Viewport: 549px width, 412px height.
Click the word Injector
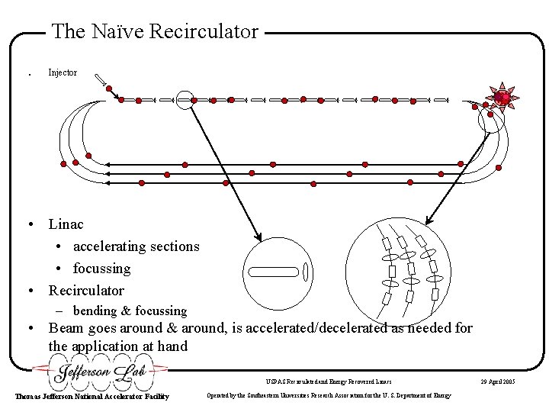(63, 73)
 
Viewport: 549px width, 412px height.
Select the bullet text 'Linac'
(66, 224)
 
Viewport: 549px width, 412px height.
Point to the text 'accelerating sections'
(136, 246)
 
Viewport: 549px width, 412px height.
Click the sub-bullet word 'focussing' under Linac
(101, 269)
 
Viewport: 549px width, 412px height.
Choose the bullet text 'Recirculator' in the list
(86, 291)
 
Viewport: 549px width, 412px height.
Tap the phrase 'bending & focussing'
(130, 311)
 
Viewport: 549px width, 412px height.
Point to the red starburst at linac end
(502, 97)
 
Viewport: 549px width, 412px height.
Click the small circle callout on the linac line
(184, 99)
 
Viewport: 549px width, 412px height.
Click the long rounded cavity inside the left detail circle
(272, 270)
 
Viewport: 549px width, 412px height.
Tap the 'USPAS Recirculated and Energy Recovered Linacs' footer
(328, 381)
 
